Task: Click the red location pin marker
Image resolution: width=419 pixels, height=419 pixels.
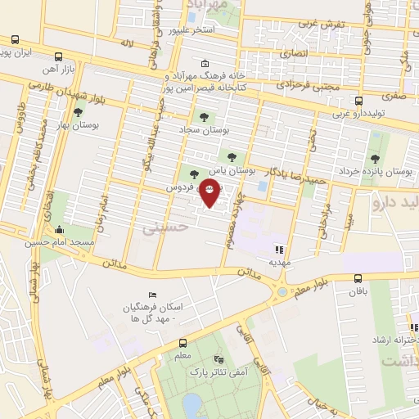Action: pyautogui.click(x=209, y=196)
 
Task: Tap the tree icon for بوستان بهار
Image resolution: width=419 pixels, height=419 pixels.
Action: pyautogui.click(x=79, y=114)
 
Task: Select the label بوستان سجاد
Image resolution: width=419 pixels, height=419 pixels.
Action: pyautogui.click(x=205, y=129)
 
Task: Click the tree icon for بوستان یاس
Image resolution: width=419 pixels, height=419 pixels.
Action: pyautogui.click(x=232, y=156)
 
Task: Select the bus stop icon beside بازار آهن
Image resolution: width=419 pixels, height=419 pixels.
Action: pyautogui.click(x=59, y=57)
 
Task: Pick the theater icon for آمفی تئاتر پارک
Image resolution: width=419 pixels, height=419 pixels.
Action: pyautogui.click(x=218, y=359)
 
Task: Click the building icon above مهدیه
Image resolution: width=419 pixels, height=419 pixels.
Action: pyautogui.click(x=280, y=250)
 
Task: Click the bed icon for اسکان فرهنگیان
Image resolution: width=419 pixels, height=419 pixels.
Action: pyautogui.click(x=152, y=295)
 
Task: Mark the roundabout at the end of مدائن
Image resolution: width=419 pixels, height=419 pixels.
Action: pyautogui.click(x=282, y=291)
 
